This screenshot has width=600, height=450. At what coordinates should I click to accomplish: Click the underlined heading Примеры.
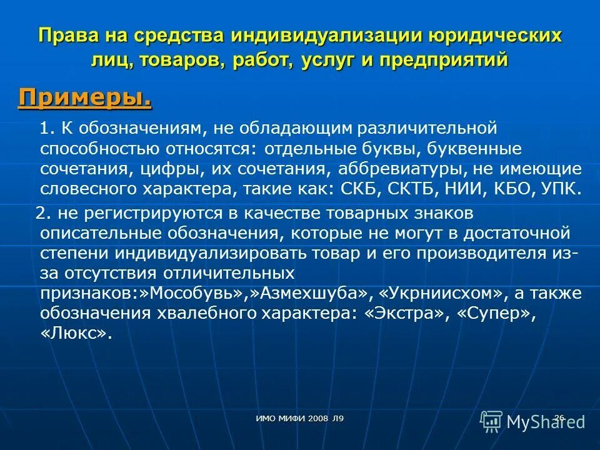(85, 97)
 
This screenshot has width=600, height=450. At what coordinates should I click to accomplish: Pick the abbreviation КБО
(511, 189)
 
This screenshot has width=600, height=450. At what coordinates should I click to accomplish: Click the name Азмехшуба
(306, 294)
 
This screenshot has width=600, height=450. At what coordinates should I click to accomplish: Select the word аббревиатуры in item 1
(403, 169)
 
